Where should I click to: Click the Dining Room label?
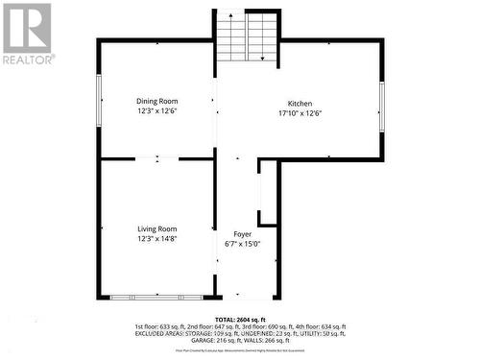(157, 101)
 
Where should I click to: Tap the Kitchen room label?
(300, 104)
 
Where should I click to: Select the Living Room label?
(157, 228)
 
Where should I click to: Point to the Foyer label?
(242, 234)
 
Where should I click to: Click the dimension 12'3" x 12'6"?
(157, 111)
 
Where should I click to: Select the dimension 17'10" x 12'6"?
(300, 113)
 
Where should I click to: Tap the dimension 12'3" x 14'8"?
(157, 239)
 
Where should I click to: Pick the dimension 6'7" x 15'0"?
(242, 244)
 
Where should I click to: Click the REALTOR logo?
(27, 33)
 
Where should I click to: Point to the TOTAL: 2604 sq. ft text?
(240, 320)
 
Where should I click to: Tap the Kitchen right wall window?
(381, 106)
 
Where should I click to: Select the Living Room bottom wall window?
(156, 298)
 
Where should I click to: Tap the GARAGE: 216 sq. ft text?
(213, 340)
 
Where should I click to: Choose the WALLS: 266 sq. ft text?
(267, 340)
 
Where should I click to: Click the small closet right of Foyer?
(268, 192)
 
